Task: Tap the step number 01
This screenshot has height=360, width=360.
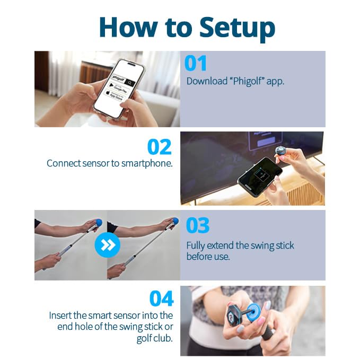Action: (196, 64)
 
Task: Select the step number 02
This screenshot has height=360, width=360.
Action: (160, 147)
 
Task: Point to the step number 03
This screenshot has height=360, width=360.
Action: (198, 225)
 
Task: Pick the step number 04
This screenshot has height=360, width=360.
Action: (162, 299)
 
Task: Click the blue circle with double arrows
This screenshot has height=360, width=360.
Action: (107, 245)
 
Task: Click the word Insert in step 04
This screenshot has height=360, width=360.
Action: (63, 315)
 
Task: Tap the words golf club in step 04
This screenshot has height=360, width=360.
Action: (155, 338)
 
